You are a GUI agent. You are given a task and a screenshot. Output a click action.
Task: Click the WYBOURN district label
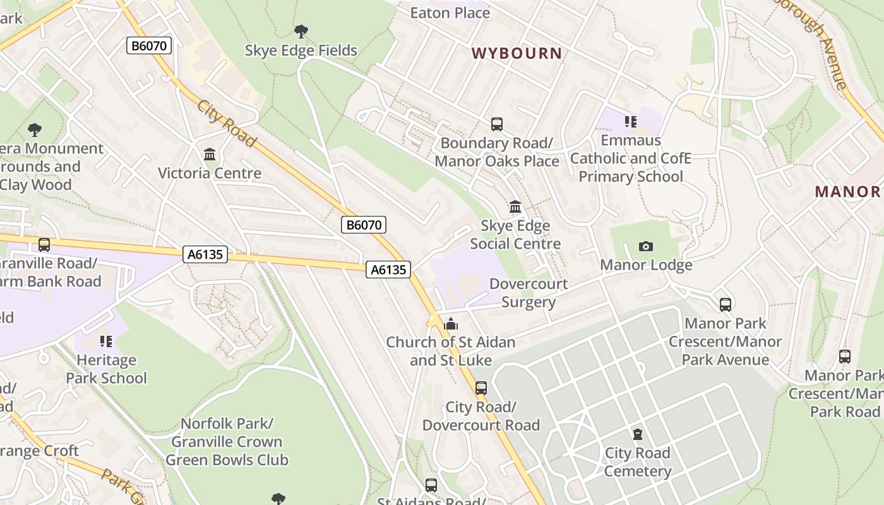pos(517,53)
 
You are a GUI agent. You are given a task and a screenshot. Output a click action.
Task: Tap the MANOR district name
pos(847,192)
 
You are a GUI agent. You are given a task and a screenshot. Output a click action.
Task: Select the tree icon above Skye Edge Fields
pos(301,31)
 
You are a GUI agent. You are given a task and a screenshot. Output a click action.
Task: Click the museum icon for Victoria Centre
pos(210,154)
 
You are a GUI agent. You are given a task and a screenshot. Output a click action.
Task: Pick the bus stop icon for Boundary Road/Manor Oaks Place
pos(497,124)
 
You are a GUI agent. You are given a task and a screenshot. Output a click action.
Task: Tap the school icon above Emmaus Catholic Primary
pos(630,121)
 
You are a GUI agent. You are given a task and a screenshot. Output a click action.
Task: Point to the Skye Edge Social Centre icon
pos(515,206)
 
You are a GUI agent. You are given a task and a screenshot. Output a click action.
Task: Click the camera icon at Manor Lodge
pos(645,246)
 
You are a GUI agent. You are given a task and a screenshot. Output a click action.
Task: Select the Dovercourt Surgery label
pos(529,293)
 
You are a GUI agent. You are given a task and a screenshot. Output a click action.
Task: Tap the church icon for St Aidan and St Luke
pos(450,324)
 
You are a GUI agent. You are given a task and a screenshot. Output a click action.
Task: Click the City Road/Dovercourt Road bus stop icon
pos(481,388)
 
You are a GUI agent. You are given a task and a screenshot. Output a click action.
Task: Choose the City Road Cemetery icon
pos(638,434)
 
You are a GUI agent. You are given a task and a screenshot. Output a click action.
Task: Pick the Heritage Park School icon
pos(106,342)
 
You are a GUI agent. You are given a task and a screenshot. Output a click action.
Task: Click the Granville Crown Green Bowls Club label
pos(227,442)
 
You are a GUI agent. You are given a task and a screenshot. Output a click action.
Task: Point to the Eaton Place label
pos(450,13)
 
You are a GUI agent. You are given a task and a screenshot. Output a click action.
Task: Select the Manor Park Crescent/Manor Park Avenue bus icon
pos(726,305)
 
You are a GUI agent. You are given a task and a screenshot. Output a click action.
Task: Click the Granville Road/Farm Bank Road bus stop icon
pos(44,244)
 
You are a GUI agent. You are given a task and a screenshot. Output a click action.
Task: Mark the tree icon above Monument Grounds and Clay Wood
pos(35,130)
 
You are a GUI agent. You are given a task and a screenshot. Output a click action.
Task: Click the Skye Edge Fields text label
pos(301,50)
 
